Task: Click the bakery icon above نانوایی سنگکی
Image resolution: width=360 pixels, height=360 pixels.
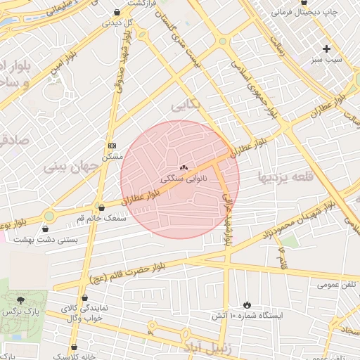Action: point(184,167)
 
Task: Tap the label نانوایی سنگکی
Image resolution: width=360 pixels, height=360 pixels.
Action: point(184,179)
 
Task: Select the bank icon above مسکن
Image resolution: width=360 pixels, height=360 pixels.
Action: point(111,145)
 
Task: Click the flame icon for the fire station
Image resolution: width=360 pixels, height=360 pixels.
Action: point(247,304)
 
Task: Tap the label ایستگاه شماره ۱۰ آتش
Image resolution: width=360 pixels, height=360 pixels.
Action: point(248,316)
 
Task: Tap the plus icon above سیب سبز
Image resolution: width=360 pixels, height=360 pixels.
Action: point(326,49)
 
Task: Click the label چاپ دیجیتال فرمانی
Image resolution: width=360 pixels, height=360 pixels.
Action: point(305,13)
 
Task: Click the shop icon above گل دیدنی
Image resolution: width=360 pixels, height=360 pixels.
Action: point(117,12)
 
